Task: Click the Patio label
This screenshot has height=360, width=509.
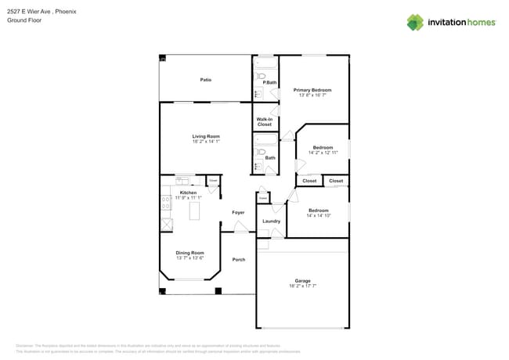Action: click(x=205, y=80)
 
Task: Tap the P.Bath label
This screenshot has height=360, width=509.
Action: click(x=269, y=82)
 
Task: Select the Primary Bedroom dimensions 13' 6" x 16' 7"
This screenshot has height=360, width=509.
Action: click(x=312, y=96)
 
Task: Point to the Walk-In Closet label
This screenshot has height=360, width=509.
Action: click(x=265, y=122)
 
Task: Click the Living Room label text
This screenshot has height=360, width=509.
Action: click(x=206, y=136)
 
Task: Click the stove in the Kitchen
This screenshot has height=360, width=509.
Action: click(x=166, y=203)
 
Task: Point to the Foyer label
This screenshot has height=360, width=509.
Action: click(x=238, y=212)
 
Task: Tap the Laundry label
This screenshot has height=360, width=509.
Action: click(x=271, y=221)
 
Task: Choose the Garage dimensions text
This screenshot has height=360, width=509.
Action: click(x=302, y=286)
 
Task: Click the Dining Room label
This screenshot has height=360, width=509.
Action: click(x=190, y=252)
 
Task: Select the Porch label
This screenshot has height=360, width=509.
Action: click(x=238, y=259)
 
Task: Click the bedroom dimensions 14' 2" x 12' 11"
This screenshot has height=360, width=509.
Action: click(x=323, y=153)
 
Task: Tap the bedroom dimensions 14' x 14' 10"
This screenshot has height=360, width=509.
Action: click(x=318, y=216)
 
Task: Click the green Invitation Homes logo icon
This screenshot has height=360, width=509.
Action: click(x=415, y=22)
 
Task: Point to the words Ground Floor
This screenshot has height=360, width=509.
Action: click(x=23, y=20)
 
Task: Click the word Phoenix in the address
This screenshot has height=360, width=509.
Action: click(x=67, y=12)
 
